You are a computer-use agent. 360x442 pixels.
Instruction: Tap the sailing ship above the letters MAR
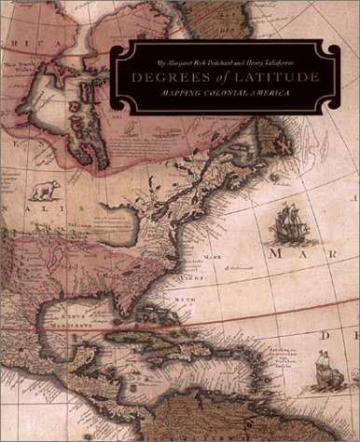click(x=288, y=228)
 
